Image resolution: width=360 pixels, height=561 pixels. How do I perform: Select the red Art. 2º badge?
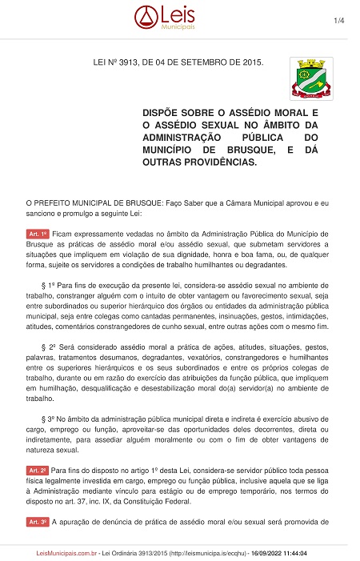coord(38,466)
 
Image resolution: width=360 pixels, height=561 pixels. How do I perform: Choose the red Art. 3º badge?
coord(38,520)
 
